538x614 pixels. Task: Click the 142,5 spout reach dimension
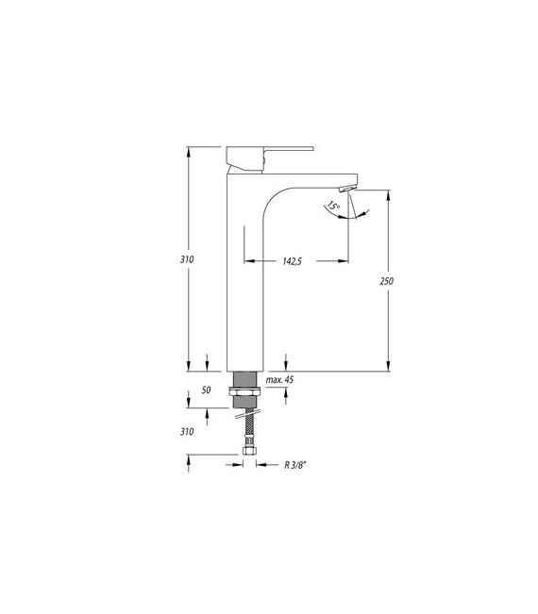(x=291, y=262)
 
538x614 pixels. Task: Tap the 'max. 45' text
(x=280, y=380)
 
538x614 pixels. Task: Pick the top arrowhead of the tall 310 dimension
(x=189, y=151)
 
